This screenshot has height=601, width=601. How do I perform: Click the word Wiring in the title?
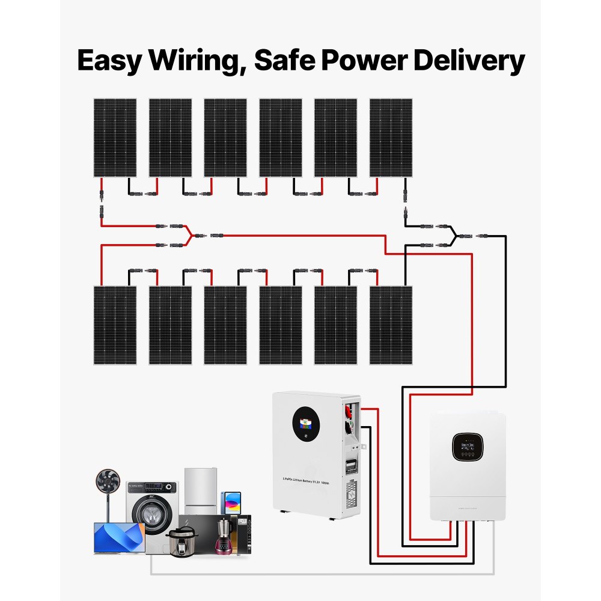[196, 61]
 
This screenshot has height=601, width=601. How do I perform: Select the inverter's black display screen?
[469, 447]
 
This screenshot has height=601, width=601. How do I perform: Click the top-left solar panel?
[115, 138]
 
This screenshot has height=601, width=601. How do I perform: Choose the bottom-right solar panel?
[391, 325]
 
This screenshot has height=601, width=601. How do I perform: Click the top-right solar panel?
[391, 138]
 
